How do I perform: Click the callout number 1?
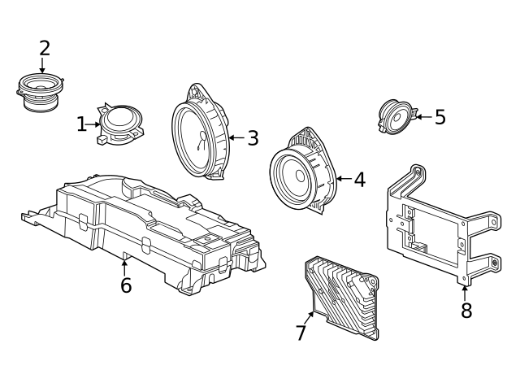point(81,124)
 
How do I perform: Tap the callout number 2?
point(45,48)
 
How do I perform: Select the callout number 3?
point(253,138)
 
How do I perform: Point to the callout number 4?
point(359,180)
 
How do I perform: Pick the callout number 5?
point(440,117)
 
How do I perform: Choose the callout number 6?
point(126,286)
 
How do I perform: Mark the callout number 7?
point(301,333)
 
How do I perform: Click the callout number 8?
point(466,311)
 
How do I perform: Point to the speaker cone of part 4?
point(295,175)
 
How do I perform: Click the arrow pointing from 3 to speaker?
point(236,138)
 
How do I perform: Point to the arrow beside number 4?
point(342,179)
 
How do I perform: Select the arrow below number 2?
point(42,66)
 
